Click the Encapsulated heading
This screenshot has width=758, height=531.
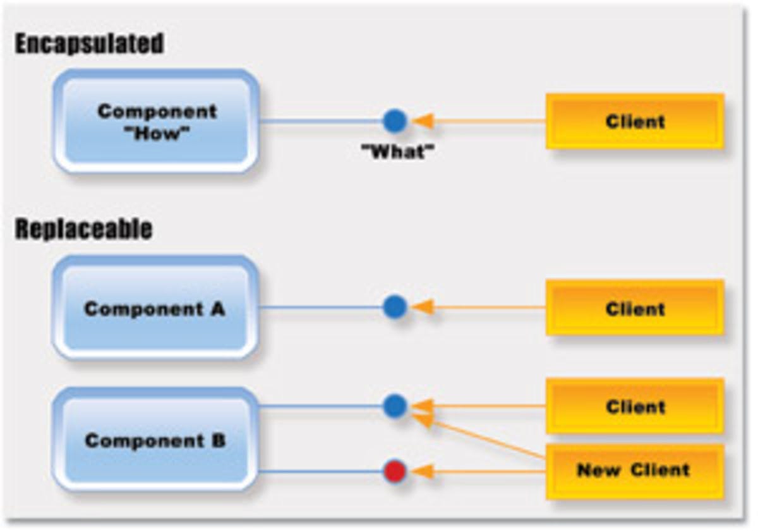[x=89, y=44]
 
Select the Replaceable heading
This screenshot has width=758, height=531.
[x=83, y=229]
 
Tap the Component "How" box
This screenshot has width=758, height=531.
[x=156, y=121]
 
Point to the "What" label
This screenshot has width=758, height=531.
[x=397, y=152]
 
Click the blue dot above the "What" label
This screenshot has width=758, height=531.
[x=395, y=120]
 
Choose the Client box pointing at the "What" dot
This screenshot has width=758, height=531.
[x=635, y=121]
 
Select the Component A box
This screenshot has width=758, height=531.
[x=155, y=308]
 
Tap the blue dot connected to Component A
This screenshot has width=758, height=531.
[x=395, y=307]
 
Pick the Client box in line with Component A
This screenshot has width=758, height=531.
[x=635, y=308]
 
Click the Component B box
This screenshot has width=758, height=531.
[x=155, y=440]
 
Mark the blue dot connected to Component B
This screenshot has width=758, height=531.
[x=395, y=406]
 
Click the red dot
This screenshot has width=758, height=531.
[x=395, y=472]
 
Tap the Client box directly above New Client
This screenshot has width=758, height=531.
[x=635, y=406]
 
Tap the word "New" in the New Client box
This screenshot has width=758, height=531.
[x=597, y=470]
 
